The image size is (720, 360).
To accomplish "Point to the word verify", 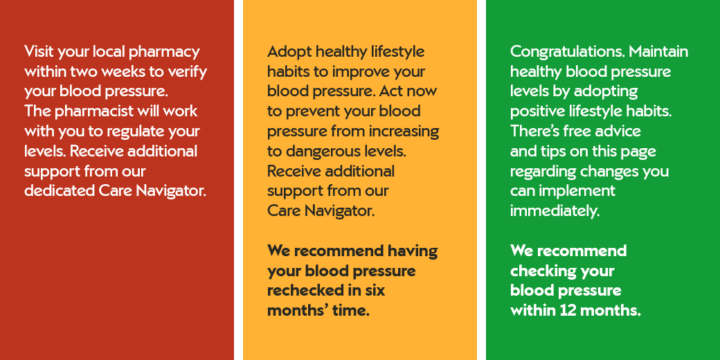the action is pos(189,73).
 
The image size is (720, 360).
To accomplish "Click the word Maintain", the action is pos(658,51).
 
